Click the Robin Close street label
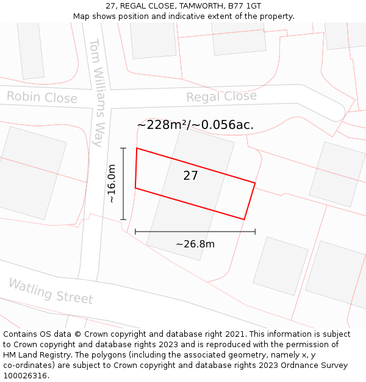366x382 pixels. [42, 97]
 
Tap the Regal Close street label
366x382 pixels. [221, 97]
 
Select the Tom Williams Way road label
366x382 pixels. [96, 92]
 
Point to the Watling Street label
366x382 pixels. [51, 292]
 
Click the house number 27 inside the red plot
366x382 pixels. [190, 176]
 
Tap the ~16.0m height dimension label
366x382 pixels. [112, 183]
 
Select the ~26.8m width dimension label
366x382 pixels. [195, 244]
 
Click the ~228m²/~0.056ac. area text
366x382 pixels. [195, 125]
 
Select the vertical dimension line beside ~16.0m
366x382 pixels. [124, 183]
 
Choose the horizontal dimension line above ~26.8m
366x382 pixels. [195, 232]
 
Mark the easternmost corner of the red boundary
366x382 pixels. [255, 183]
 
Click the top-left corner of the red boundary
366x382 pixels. [137, 148]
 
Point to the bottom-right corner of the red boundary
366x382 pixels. [244, 219]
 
